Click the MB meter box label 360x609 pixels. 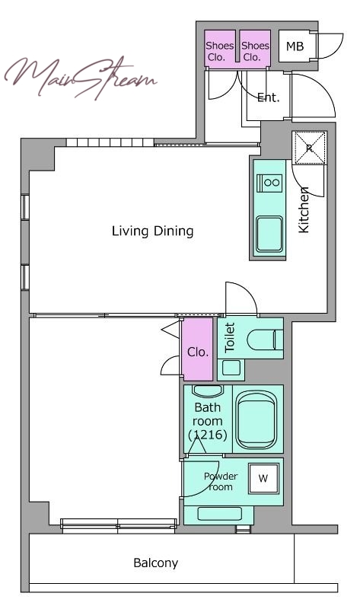click(295, 46)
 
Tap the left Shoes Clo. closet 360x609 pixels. click(220, 49)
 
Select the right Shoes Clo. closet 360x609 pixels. click(255, 49)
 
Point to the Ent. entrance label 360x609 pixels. click(269, 97)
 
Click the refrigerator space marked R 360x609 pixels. click(310, 148)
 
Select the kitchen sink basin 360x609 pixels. click(269, 234)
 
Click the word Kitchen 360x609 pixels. click(304, 210)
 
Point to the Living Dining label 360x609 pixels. click(153, 231)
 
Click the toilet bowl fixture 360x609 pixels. click(264, 340)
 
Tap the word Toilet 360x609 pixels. click(230, 337)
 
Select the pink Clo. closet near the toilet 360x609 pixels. click(198, 349)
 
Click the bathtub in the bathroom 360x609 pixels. click(256, 419)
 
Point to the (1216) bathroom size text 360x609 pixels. click(208, 435)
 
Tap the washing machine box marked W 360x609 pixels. click(263, 479)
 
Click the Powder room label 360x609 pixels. click(221, 482)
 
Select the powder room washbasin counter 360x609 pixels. click(218, 515)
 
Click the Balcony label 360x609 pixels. click(156, 563)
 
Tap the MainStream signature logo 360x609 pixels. click(81, 78)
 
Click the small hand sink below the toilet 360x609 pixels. click(231, 368)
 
